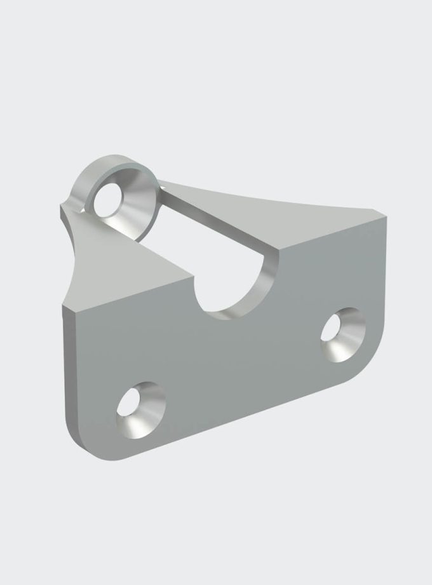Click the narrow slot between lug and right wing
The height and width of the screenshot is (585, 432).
tap(210, 219)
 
